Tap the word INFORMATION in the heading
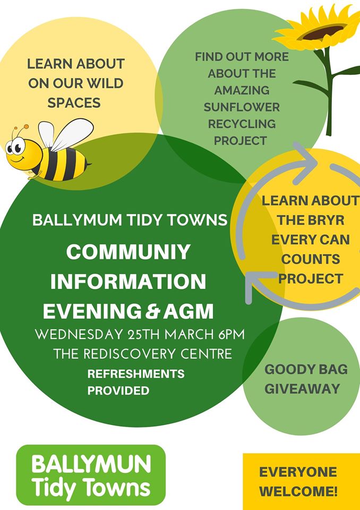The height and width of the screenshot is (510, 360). tap(128, 282)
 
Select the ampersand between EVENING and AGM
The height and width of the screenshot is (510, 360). tap(152, 311)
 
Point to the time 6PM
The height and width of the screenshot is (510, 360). tap(231, 335)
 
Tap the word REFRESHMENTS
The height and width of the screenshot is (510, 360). tap(136, 373)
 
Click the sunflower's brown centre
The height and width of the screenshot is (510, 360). tap(323, 32)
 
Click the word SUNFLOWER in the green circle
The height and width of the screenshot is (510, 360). tap(242, 107)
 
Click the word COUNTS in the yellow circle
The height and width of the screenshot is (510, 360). tap(311, 259)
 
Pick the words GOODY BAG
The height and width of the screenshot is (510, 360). tap(306, 369)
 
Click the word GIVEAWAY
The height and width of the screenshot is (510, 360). tap(303, 389)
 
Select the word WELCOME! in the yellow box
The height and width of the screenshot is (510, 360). tap(298, 491)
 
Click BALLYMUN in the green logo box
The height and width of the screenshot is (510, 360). tap(91, 464)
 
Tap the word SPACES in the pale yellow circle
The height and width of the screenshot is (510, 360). tap(74, 103)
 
